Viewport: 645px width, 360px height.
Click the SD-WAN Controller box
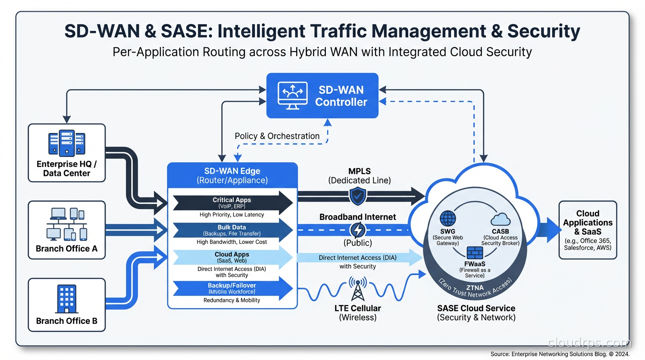322,96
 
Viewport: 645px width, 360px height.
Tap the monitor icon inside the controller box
292,96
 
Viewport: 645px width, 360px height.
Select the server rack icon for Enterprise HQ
67,143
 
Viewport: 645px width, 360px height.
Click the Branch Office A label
67,248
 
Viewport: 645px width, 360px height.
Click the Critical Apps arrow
232,202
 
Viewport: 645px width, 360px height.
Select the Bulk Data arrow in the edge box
232,230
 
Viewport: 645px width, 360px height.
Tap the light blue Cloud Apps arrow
232,257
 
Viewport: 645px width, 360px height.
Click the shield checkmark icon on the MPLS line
358,196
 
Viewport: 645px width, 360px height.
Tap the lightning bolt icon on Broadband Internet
358,230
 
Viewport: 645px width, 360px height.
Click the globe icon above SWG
448,219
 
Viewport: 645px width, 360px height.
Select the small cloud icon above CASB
500,219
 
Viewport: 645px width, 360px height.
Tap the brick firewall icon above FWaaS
474,252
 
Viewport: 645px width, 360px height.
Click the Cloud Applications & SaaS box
587,230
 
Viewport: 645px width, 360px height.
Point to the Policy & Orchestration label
277,136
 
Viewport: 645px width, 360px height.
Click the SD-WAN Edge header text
232,171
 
